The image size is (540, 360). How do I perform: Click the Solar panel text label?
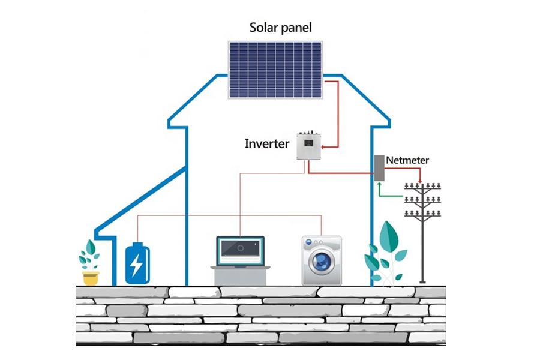pyautogui.click(x=280, y=28)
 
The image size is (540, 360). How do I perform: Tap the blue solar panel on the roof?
pyautogui.click(x=275, y=70)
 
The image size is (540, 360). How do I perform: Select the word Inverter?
pyautogui.click(x=267, y=144)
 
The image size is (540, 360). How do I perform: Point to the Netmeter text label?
pyautogui.click(x=407, y=160)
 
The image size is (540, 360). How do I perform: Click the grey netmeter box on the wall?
pyautogui.click(x=379, y=169)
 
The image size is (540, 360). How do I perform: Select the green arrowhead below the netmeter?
pyautogui.click(x=379, y=185)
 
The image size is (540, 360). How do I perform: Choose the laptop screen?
pyautogui.click(x=240, y=248)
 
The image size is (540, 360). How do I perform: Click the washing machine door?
pyautogui.click(x=323, y=262)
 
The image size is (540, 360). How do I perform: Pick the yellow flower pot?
pyautogui.click(x=91, y=278)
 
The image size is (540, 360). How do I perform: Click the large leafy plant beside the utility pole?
pyautogui.click(x=387, y=252)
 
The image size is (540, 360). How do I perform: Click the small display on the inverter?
pyautogui.click(x=308, y=143)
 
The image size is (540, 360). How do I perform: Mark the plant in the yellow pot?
pyautogui.click(x=90, y=256)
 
